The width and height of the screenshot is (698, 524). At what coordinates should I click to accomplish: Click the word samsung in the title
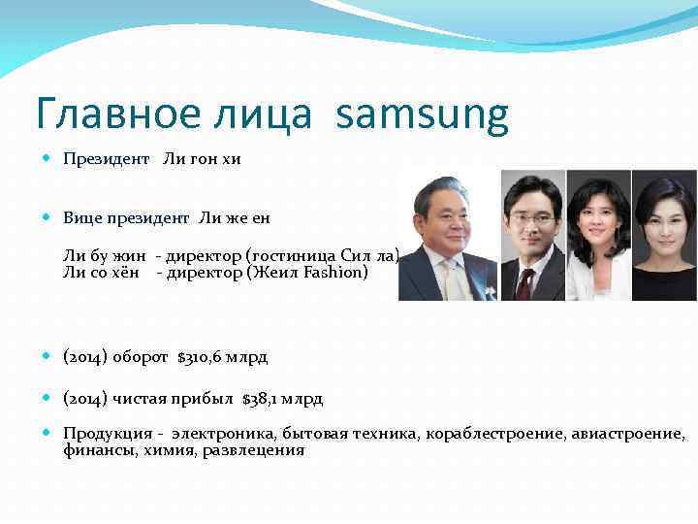point(423,116)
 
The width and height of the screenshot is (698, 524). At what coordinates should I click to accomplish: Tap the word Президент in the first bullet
point(107,158)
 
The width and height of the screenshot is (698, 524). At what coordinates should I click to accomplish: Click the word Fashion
point(336,273)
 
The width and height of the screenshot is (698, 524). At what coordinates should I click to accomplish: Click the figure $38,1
point(265,399)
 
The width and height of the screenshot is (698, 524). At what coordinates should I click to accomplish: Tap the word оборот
point(142,357)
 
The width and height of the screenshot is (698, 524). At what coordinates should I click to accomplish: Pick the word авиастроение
point(634,434)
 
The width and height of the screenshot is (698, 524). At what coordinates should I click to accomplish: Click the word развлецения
point(254,449)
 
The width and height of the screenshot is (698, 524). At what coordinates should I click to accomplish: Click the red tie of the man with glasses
point(524,283)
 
